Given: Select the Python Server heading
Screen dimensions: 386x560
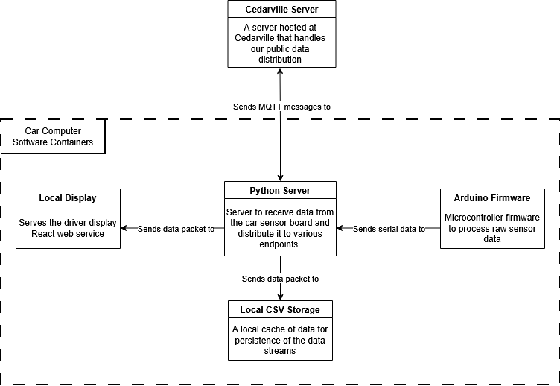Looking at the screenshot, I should pyautogui.click(x=280, y=191).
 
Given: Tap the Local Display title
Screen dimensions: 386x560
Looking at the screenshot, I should pyautogui.click(x=68, y=197).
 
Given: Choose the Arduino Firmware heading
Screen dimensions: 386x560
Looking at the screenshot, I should pyautogui.click(x=492, y=197).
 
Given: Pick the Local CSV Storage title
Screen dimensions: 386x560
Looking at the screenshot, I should pyautogui.click(x=280, y=309).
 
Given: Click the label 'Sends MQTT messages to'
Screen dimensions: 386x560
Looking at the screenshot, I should pyautogui.click(x=281, y=107).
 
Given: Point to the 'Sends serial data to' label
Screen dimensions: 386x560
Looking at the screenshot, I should pyautogui.click(x=389, y=229).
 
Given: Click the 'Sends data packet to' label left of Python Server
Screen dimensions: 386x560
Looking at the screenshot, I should pyautogui.click(x=176, y=229).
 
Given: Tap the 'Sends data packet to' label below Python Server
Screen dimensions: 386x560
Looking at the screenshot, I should pyautogui.click(x=280, y=279).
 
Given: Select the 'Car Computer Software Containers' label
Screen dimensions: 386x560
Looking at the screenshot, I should pyautogui.click(x=53, y=136).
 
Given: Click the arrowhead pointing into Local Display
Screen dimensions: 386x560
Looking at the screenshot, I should pyautogui.click(x=124, y=229).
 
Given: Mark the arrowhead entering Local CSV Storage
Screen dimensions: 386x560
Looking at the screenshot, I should pyautogui.click(x=280, y=297).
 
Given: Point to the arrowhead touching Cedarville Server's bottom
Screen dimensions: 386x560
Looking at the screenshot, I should pyautogui.click(x=280, y=71).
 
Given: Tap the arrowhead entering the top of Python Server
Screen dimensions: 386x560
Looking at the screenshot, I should pyautogui.click(x=280, y=177).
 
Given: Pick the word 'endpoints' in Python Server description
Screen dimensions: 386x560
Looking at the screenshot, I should pyautogui.click(x=279, y=244).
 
